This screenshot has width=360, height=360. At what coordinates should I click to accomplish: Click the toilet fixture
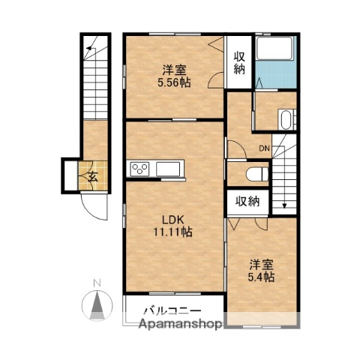[x=257, y=174]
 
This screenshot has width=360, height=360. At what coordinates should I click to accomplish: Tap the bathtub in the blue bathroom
[x=274, y=48]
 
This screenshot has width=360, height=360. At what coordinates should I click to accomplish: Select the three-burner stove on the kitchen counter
[x=139, y=169]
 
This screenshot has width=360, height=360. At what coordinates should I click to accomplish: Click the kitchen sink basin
[x=168, y=169]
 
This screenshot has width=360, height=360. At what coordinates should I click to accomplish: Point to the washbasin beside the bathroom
[x=286, y=119]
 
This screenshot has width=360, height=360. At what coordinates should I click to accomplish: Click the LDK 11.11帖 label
[x=173, y=226]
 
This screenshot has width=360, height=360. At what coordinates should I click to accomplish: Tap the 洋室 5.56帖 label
[x=174, y=76]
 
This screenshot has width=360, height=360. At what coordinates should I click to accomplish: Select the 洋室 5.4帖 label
[x=261, y=271]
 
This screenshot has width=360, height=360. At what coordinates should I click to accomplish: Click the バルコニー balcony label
[x=172, y=310]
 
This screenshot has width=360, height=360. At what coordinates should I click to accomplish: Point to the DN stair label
[x=264, y=148]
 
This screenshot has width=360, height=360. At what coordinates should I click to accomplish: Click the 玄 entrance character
[x=93, y=177]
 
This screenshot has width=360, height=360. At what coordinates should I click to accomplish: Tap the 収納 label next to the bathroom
[x=239, y=63]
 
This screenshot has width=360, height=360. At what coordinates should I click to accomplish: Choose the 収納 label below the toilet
[x=247, y=201]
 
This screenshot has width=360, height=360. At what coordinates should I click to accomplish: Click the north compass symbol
[x=97, y=305]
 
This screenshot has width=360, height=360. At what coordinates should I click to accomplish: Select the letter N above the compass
[x=97, y=283]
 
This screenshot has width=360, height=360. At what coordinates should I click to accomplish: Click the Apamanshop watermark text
[x=180, y=324]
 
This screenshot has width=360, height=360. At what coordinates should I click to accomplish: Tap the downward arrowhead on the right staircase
[x=284, y=205]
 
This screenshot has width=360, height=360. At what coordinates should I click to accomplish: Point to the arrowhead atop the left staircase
[x=88, y=47]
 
